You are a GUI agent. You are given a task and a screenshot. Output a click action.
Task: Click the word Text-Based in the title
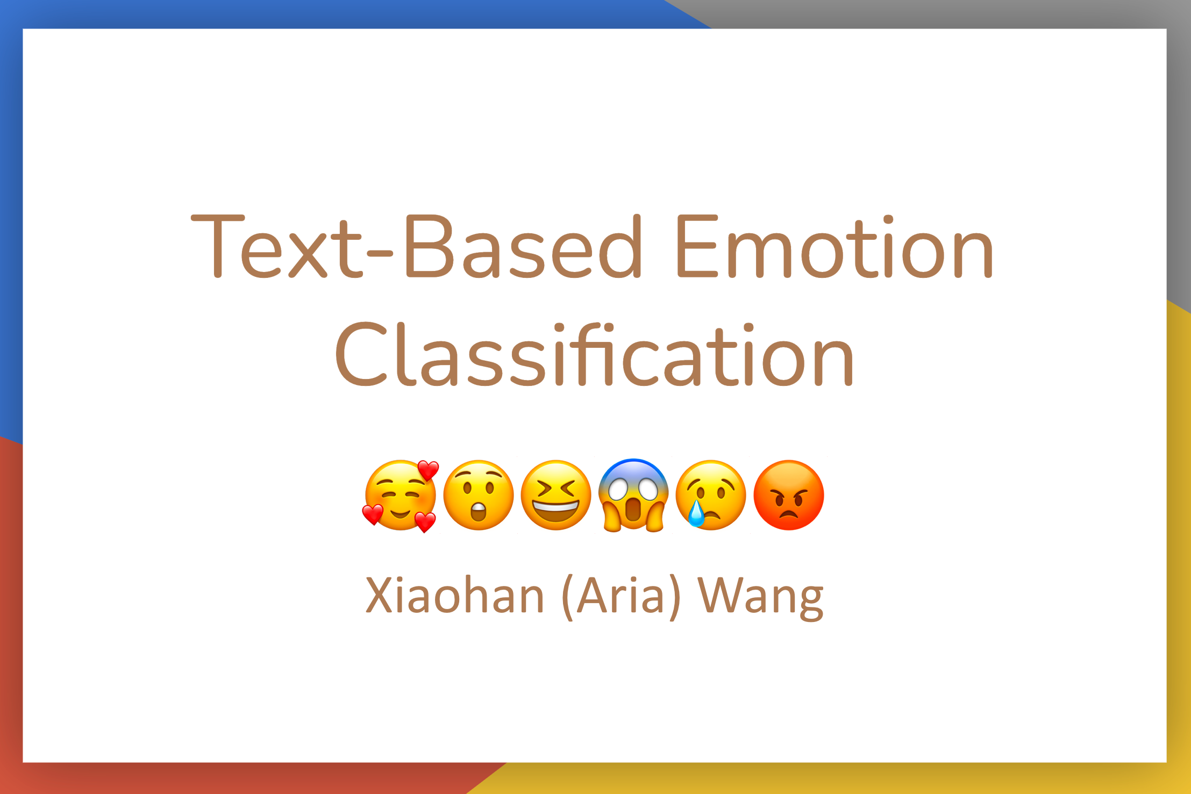tap(417, 246)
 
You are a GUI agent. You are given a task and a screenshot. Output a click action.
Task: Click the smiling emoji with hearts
tap(401, 496)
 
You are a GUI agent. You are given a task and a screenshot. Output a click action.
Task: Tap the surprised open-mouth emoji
tap(478, 495)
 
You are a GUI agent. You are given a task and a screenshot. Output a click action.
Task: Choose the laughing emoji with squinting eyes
tap(556, 495)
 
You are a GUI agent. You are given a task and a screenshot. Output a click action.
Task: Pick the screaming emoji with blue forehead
tap(633, 495)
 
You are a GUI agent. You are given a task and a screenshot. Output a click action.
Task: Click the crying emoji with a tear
tap(711, 495)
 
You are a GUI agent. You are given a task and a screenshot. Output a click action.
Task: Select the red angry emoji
tap(788, 495)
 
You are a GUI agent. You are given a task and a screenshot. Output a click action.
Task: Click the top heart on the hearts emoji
tap(429, 470)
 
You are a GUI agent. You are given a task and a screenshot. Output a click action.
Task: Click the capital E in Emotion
tap(697, 246)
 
